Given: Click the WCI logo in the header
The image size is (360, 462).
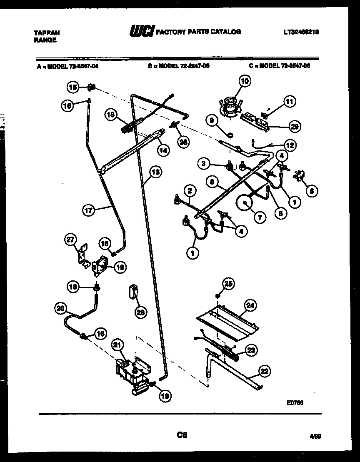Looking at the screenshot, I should point(142,32).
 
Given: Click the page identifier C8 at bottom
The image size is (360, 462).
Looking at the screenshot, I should point(182,435).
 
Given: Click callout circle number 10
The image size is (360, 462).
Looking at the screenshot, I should point(245,81).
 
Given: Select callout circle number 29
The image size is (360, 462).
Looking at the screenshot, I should point(295,127).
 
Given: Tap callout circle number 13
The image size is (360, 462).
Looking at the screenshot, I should point(155,172).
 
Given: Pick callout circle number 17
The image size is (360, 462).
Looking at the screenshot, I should point(88,210).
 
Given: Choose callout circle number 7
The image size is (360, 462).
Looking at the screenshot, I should point(259,217).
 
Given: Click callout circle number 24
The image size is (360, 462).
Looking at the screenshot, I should point(250,305).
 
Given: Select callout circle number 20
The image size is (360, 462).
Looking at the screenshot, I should point(61,309).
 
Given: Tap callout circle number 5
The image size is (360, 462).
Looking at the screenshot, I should point(312,191).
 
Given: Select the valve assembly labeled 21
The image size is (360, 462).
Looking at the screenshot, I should point(130,372).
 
